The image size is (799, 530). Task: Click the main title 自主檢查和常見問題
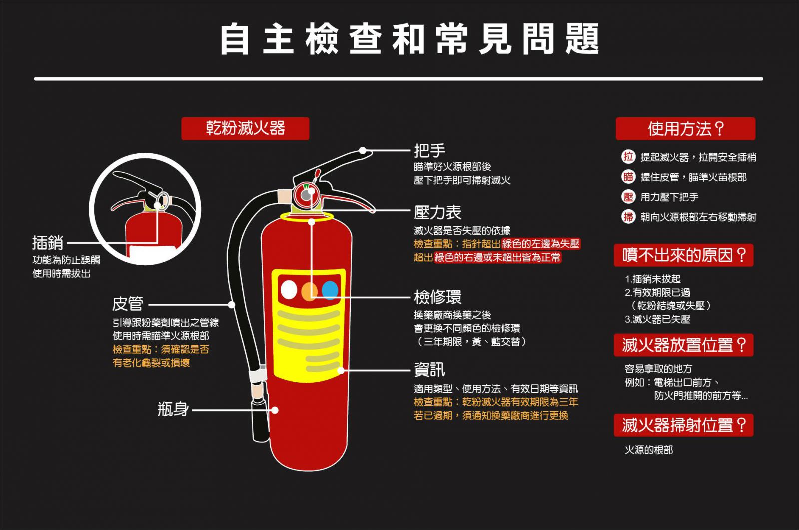(409, 39)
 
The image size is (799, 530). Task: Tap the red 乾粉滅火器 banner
(245, 128)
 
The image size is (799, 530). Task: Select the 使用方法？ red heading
(685, 129)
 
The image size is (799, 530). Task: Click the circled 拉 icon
(628, 157)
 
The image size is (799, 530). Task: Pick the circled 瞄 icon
(628, 177)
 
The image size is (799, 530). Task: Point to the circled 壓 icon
(628, 197)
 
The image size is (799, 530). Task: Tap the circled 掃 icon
(628, 217)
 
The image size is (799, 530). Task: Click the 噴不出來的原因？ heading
(683, 255)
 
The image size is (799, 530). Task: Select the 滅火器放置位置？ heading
(683, 345)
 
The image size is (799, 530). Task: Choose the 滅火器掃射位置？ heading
(683, 425)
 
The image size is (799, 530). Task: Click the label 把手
(429, 150)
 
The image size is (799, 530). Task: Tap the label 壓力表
(437, 212)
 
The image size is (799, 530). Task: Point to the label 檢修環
(437, 297)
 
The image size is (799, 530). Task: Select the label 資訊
(429, 370)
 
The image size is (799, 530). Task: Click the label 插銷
(48, 243)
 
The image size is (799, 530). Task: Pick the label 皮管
(128, 304)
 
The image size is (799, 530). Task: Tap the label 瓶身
(173, 409)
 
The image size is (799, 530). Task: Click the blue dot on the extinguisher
(330, 290)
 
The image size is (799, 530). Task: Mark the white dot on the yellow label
(289, 290)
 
